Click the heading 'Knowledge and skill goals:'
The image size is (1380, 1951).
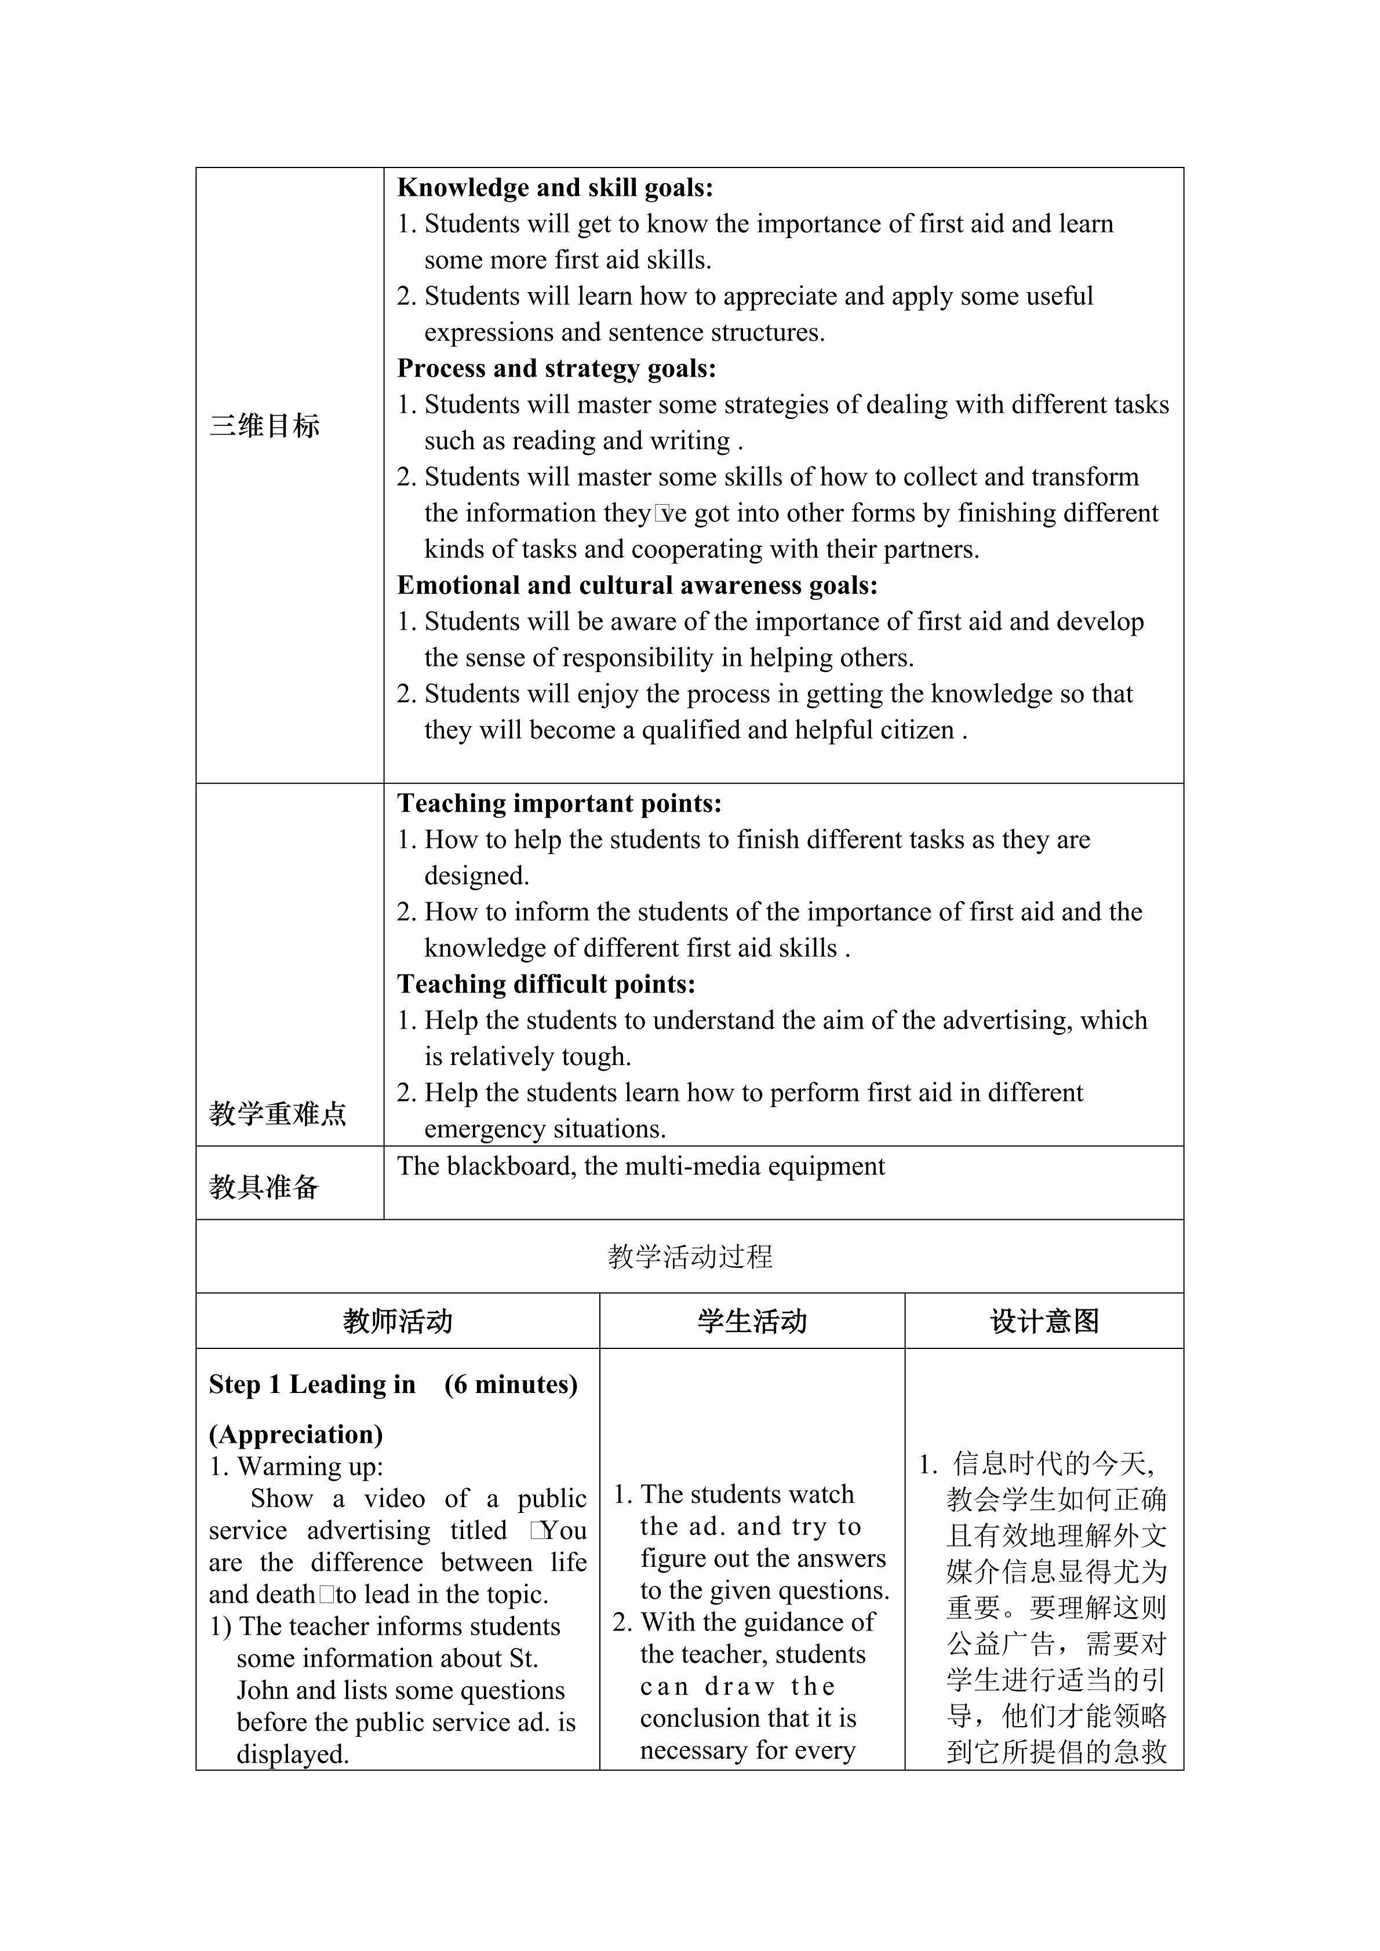pos(555,188)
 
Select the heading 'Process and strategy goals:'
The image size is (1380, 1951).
pos(556,369)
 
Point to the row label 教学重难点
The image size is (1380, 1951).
pos(278,1113)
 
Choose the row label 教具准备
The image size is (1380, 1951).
pos(264,1186)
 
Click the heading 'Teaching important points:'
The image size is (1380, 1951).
pos(559,804)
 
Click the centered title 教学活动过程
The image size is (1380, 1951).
pos(690,1257)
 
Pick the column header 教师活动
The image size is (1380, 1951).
pos(398,1321)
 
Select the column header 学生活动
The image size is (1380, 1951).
pos(752,1321)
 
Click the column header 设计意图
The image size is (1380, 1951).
pos(1044,1321)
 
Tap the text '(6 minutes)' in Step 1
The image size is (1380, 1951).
pos(511,1384)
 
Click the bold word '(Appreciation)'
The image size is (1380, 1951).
pos(296,1434)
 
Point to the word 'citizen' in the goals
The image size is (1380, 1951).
pos(913,731)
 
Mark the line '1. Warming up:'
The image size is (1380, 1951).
pos(297,1467)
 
